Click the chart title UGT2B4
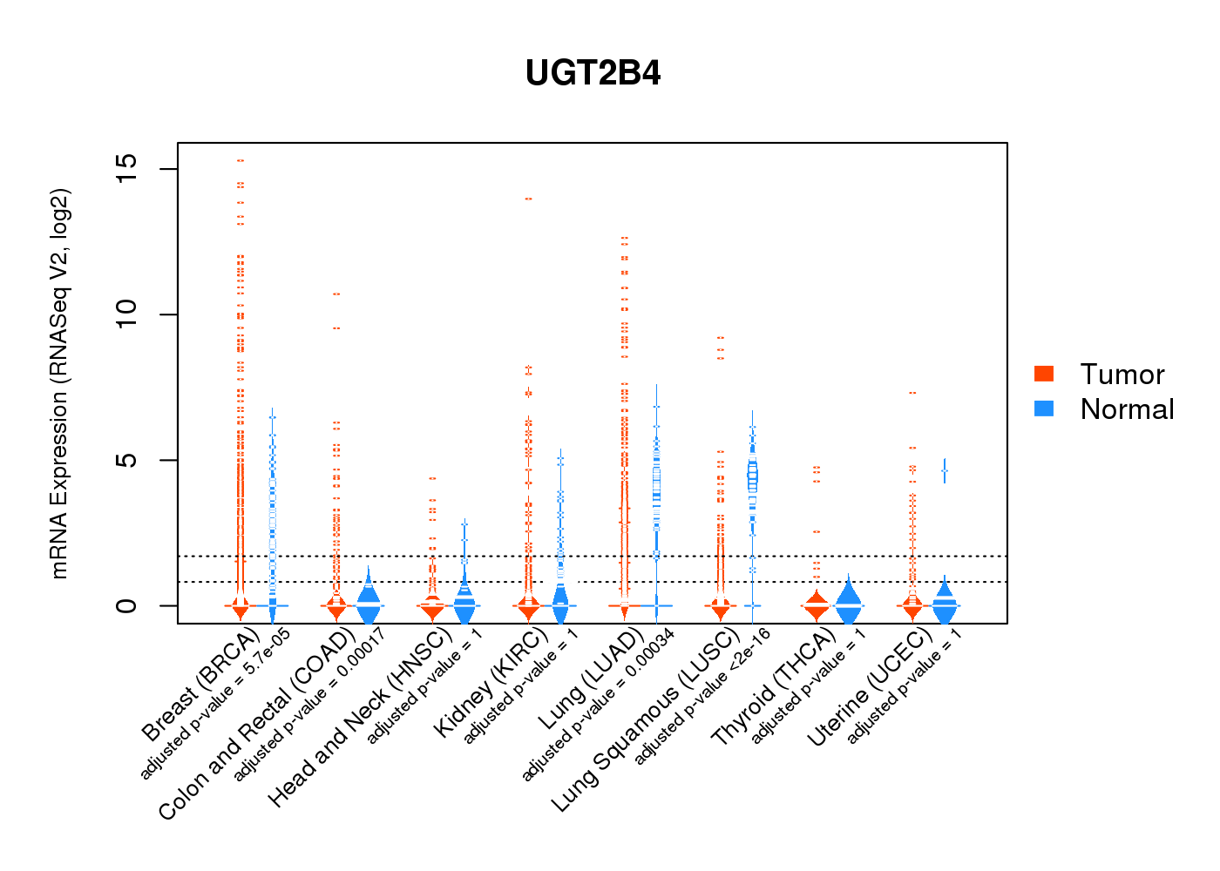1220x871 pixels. [x=593, y=73]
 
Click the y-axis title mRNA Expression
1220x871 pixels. [x=59, y=383]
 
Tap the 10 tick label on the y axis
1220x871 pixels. [x=126, y=314]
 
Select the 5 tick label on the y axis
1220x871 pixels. [x=126, y=459]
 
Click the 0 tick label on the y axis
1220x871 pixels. [x=126, y=605]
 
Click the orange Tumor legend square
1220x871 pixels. [x=1044, y=374]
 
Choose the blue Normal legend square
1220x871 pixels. [x=1044, y=408]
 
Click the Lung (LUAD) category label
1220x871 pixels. [x=592, y=679]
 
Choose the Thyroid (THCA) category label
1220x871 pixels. [x=774, y=688]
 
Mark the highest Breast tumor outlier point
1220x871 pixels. [x=240, y=160]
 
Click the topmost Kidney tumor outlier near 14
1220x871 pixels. [x=528, y=199]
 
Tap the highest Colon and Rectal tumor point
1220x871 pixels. [x=336, y=294]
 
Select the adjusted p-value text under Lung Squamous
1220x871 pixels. [x=702, y=697]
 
